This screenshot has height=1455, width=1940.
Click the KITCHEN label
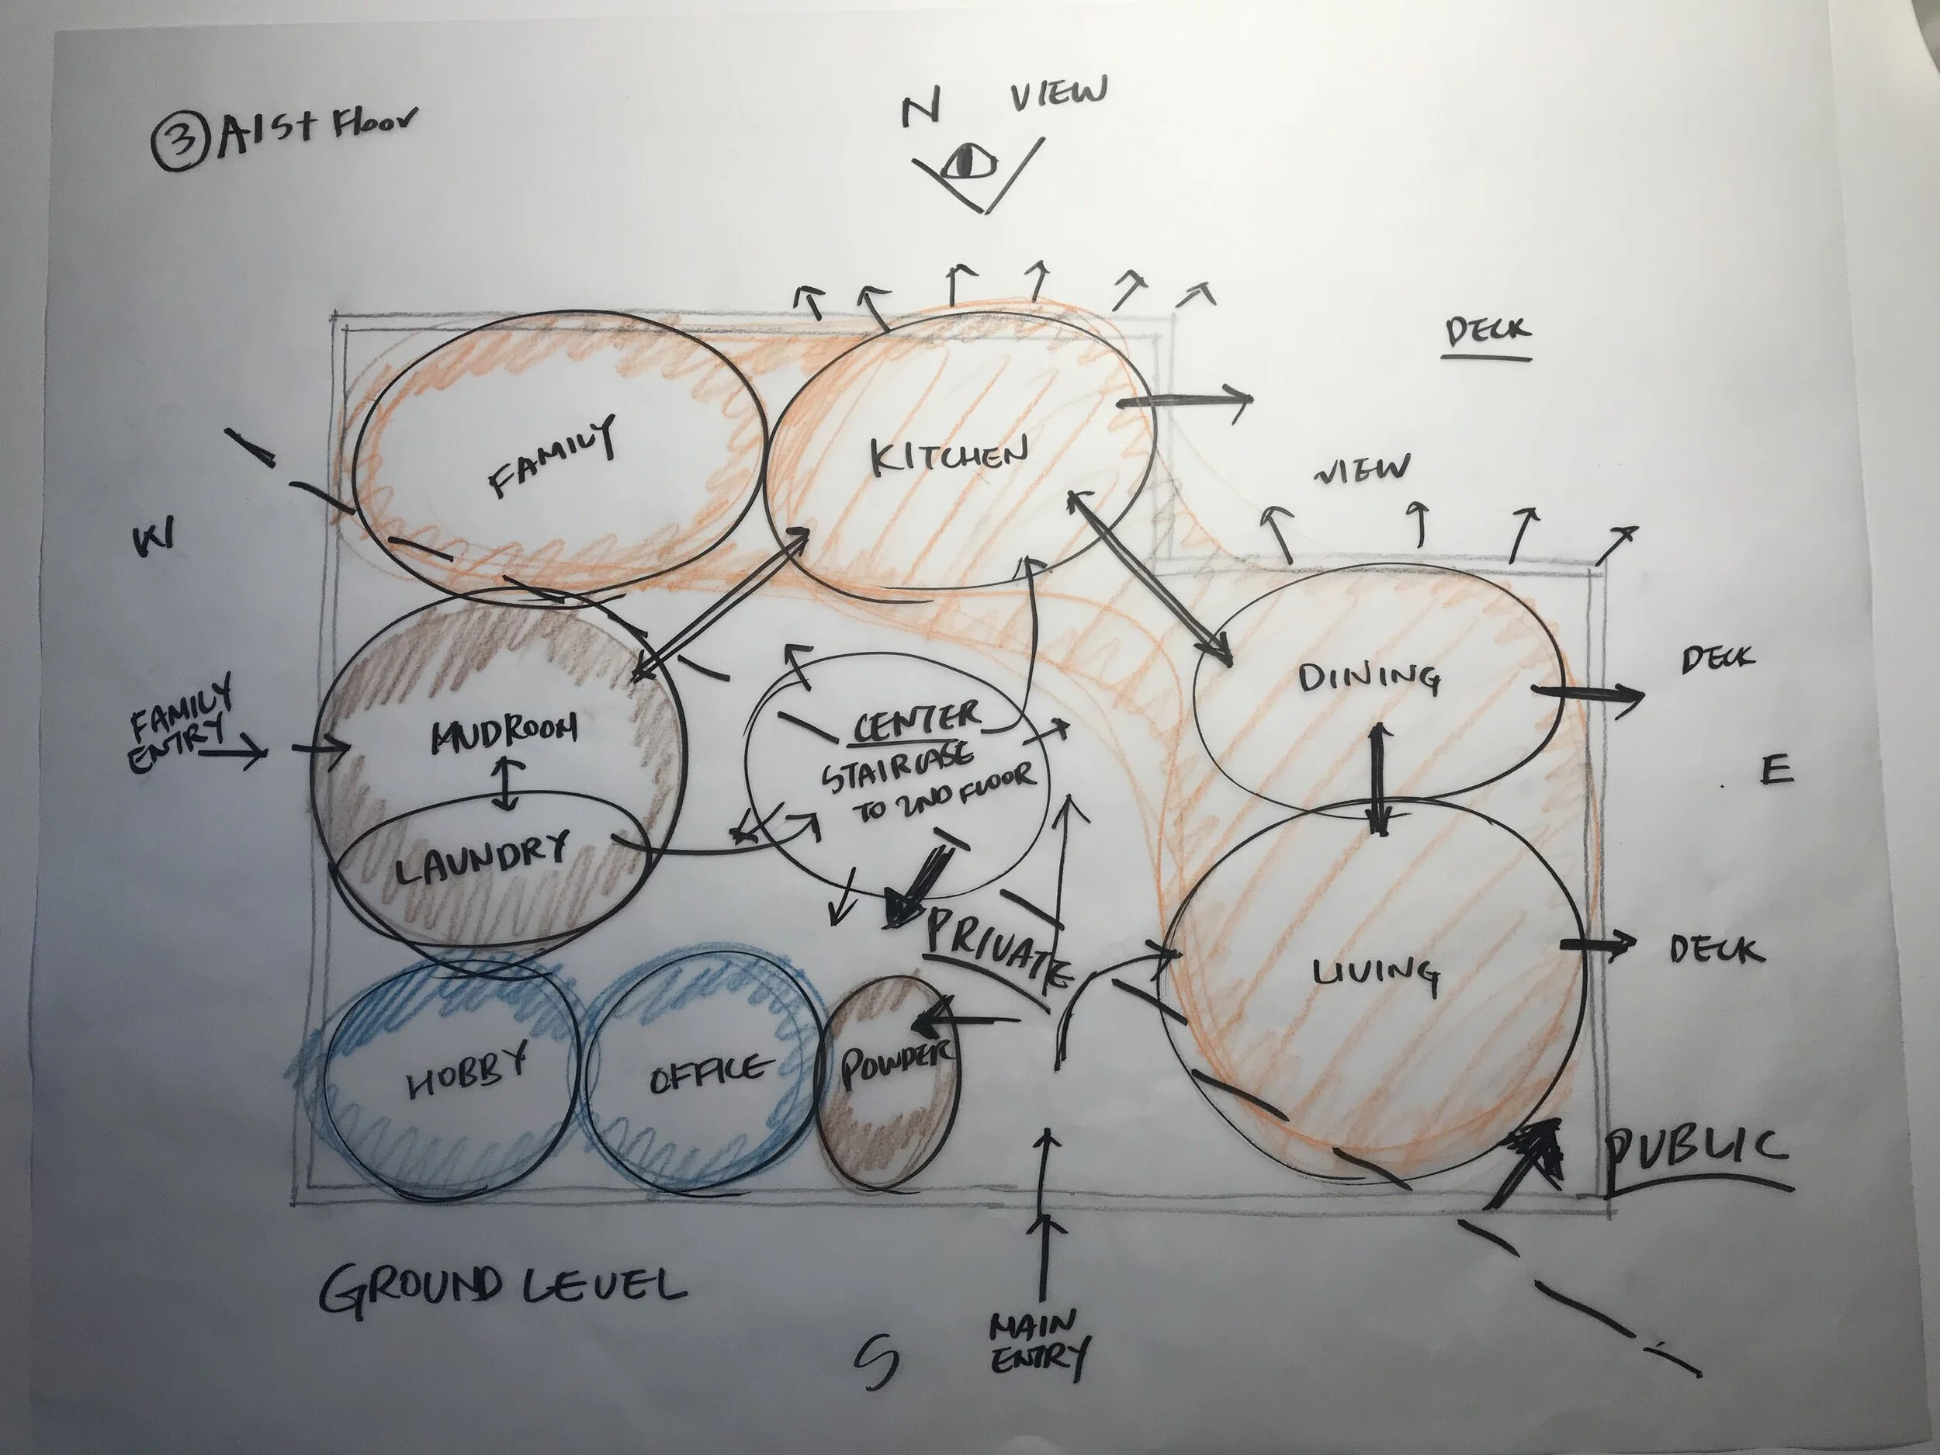(x=949, y=456)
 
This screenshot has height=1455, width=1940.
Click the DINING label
(x=1368, y=677)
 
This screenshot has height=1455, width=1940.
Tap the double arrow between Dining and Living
(x=1379, y=779)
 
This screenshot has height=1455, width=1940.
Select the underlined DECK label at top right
(x=1488, y=333)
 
